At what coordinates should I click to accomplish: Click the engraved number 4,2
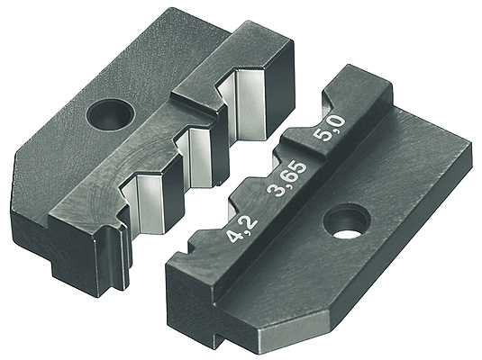click(241, 229)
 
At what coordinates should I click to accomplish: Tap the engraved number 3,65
click(287, 178)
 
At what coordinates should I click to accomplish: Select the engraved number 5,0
click(330, 129)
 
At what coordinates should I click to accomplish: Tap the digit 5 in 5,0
click(322, 135)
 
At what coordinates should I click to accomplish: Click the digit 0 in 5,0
click(338, 123)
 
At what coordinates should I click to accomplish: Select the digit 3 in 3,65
click(275, 189)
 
